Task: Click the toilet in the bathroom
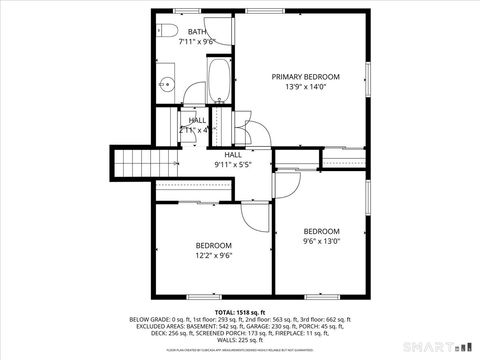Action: pyautogui.click(x=167, y=27)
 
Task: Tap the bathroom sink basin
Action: pyautogui.click(x=166, y=85)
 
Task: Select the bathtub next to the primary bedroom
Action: pyautogui.click(x=219, y=83)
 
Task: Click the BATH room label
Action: pyautogui.click(x=196, y=33)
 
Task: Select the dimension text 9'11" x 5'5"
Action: pyautogui.click(x=232, y=164)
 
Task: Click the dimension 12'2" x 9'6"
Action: pyautogui.click(x=213, y=255)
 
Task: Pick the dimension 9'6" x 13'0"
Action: pyautogui.click(x=322, y=240)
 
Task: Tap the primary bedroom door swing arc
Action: pyautogui.click(x=256, y=138)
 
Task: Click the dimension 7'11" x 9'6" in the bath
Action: pyautogui.click(x=197, y=43)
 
